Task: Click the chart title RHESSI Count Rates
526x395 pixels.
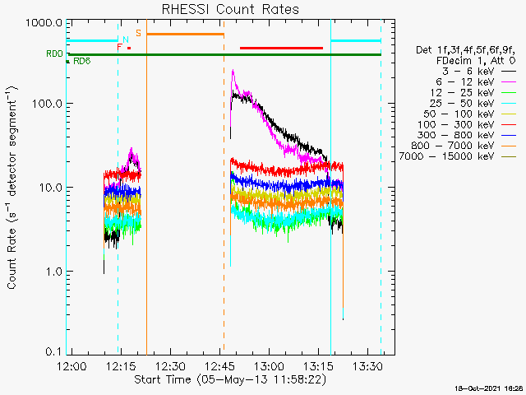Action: pyautogui.click(x=230, y=9)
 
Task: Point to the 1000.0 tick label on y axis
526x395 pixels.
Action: pyautogui.click(x=44, y=23)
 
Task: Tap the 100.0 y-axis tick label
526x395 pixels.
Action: pyautogui.click(x=48, y=104)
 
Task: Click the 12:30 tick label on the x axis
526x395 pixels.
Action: pyautogui.click(x=170, y=366)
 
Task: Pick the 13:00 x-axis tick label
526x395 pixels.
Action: pyautogui.click(x=269, y=366)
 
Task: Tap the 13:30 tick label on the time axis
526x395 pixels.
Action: pyautogui.click(x=367, y=366)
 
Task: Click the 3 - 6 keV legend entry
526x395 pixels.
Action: pyautogui.click(x=478, y=72)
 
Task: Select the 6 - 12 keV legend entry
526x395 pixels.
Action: pyautogui.click(x=476, y=82)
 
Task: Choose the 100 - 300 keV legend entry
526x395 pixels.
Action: pyautogui.click(x=467, y=124)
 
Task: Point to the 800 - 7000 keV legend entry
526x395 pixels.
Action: pyautogui.click(x=464, y=146)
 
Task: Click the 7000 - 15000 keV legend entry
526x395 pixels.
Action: pyautogui.click(x=458, y=156)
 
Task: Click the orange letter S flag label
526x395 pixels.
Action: pyautogui.click(x=138, y=33)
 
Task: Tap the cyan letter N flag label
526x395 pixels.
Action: pyautogui.click(x=126, y=39)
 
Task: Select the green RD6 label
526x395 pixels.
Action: pyautogui.click(x=82, y=61)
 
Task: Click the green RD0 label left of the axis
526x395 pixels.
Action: pyautogui.click(x=54, y=53)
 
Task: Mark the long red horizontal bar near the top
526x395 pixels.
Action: pyautogui.click(x=281, y=48)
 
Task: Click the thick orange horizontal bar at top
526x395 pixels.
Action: pyautogui.click(x=185, y=34)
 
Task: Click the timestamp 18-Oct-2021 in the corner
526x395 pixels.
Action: pyautogui.click(x=476, y=388)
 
